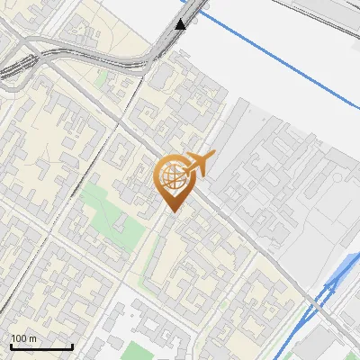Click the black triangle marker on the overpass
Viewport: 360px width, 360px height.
click(182, 24)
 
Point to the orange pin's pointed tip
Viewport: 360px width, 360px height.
click(170, 211)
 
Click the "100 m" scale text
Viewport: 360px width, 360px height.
click(23, 338)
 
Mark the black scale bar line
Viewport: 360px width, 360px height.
click(40, 346)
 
